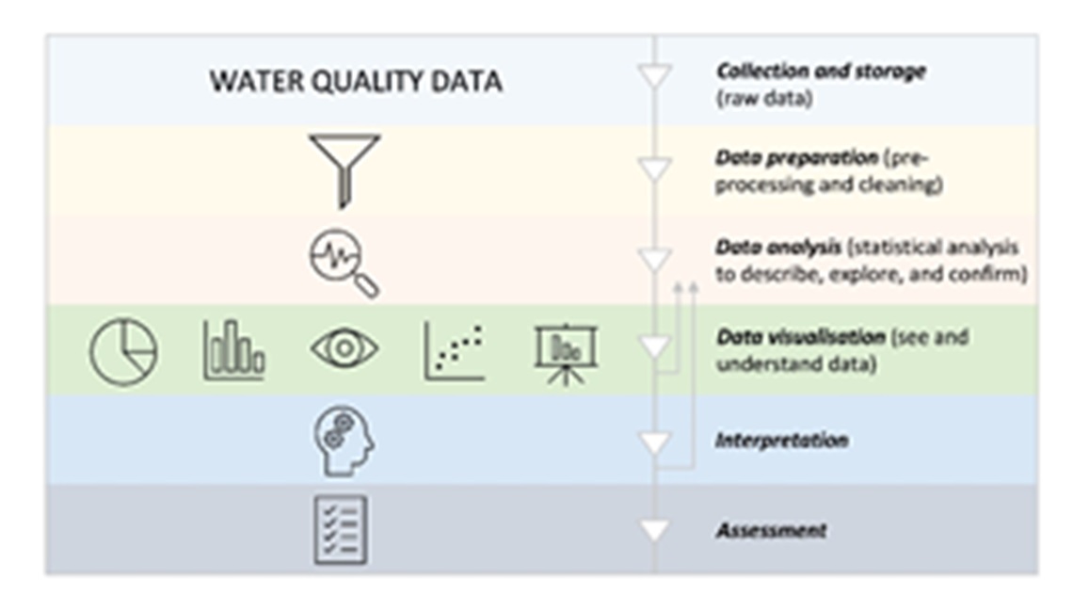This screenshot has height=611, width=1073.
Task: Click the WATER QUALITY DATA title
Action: (356, 82)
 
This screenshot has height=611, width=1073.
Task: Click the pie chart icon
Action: (123, 352)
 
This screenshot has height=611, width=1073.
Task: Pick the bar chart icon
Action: (233, 351)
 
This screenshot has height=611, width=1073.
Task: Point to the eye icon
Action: (344, 348)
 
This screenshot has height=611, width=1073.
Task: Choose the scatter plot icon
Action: (454, 351)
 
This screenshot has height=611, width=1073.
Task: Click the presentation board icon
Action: (566, 354)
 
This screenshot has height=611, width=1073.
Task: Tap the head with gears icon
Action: (344, 441)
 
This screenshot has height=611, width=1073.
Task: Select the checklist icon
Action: (341, 530)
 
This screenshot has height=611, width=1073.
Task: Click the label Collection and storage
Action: (821, 72)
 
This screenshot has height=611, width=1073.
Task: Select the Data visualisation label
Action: (800, 337)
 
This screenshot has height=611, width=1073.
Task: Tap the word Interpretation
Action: (781, 440)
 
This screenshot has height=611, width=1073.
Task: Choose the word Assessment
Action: (771, 530)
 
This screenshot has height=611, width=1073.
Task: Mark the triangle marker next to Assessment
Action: (654, 530)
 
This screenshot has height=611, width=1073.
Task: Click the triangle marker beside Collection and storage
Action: (654, 76)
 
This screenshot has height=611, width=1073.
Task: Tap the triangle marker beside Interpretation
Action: (654, 442)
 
